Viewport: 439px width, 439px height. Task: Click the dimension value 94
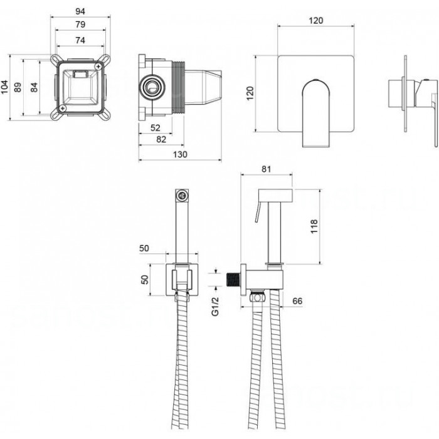click(x=80, y=11)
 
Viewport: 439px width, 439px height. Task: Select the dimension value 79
click(x=80, y=24)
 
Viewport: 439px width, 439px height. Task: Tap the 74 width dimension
click(x=80, y=41)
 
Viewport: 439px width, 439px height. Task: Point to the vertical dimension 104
click(x=5, y=87)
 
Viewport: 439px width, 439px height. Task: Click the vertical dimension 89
click(x=18, y=87)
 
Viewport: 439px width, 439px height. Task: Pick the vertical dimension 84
click(x=34, y=87)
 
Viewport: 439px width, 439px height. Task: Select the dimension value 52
click(x=156, y=128)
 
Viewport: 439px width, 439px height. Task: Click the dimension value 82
click(x=161, y=139)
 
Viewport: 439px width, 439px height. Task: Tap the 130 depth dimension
click(x=180, y=154)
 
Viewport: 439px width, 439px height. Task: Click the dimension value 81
click(x=267, y=169)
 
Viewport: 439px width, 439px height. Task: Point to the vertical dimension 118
click(x=314, y=226)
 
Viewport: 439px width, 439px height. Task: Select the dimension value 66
click(x=297, y=301)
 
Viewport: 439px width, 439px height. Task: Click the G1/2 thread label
click(x=215, y=307)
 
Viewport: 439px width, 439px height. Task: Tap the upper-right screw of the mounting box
click(x=98, y=66)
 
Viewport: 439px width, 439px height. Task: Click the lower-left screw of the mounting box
click(x=63, y=108)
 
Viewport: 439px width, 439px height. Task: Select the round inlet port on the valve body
click(x=152, y=87)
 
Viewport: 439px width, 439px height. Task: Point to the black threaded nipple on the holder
click(x=233, y=279)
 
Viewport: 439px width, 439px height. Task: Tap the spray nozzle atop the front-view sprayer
click(x=182, y=196)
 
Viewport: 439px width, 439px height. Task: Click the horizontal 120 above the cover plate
click(x=316, y=21)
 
